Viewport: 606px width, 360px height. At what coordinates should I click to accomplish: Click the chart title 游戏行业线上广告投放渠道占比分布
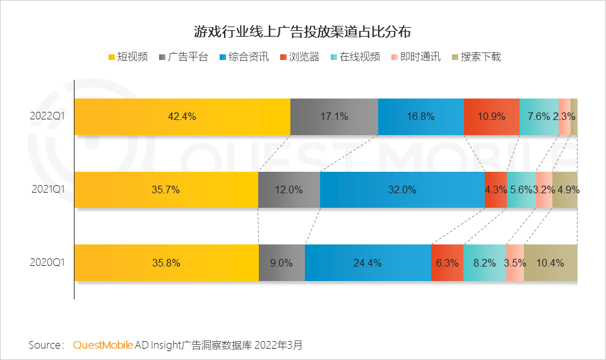click(x=302, y=32)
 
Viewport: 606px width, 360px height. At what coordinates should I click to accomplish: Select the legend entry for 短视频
click(x=129, y=57)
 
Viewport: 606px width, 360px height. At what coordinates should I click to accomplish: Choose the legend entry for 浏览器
click(x=299, y=57)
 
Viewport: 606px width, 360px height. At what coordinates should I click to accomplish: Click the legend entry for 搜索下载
click(x=477, y=57)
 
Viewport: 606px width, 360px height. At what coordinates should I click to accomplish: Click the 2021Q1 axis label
click(x=47, y=189)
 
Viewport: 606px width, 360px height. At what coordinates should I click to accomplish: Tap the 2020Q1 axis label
click(x=47, y=263)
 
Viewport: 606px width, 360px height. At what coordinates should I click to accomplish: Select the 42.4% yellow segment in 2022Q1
click(x=182, y=116)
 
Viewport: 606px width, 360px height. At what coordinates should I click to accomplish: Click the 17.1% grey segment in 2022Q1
click(x=334, y=116)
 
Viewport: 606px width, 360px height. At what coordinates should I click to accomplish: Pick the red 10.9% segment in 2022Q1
click(x=492, y=116)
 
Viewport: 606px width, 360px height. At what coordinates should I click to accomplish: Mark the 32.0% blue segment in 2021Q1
click(x=402, y=189)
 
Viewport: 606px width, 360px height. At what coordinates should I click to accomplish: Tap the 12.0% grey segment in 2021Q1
click(x=288, y=189)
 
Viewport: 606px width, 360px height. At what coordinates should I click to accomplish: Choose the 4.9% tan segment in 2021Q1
click(x=565, y=189)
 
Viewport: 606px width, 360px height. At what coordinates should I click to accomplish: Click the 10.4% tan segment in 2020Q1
click(x=550, y=263)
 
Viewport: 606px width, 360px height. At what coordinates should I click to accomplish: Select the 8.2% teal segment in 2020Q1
click(x=484, y=263)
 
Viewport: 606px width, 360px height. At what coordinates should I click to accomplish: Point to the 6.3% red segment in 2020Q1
click(x=447, y=263)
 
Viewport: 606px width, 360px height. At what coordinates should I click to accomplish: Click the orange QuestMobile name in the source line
click(x=103, y=345)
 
